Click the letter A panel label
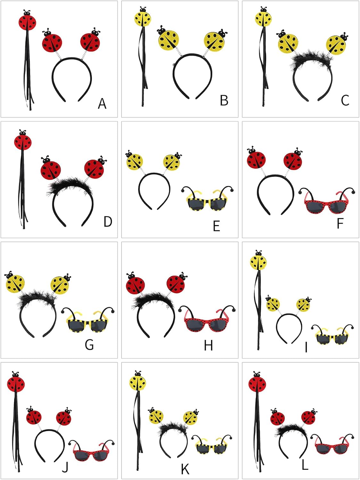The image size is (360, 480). pos(102,104)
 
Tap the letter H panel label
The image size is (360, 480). pos(209,346)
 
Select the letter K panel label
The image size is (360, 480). pos(185,469)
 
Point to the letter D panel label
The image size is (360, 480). pos(108,221)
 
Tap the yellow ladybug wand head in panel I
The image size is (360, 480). pos(258,261)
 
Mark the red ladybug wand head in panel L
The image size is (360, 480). pos(258,383)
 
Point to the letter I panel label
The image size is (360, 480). pos(306,347)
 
